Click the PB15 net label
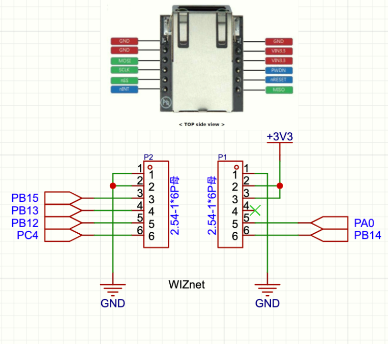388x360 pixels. [x=25, y=197]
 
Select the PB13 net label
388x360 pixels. [x=25, y=210]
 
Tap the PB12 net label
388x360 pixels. [x=25, y=223]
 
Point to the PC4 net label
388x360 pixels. [x=27, y=236]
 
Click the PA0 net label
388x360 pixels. [x=363, y=222]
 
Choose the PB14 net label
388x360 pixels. [x=366, y=235]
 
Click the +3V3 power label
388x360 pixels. [x=281, y=136]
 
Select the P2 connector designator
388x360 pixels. [x=149, y=157]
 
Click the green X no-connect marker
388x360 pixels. [x=259, y=209]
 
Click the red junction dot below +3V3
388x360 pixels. [x=281, y=185]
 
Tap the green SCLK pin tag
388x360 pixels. [x=123, y=69]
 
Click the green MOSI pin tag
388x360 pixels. [x=123, y=59]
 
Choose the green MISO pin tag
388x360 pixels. [x=278, y=89]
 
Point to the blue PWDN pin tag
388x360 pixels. [x=278, y=69]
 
